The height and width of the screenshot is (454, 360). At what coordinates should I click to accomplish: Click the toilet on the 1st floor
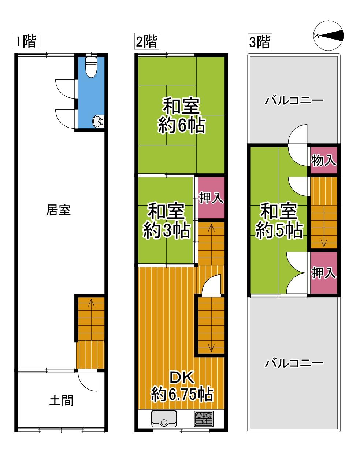pos(91,67)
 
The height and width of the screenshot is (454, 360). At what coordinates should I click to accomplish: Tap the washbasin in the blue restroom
pos(98,122)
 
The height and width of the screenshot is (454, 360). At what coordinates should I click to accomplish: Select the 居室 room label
pos(58,210)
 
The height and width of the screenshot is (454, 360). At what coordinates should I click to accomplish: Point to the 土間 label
pos(61,401)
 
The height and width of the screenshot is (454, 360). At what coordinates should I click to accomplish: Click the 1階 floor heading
pos(26,41)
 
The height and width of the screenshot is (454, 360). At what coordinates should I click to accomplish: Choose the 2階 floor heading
pos(147,41)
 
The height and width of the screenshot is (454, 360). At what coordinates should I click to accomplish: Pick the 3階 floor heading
pos(260,42)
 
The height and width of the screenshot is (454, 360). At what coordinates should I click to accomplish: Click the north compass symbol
pos(329,36)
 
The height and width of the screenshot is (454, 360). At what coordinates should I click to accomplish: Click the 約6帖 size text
pos(182,126)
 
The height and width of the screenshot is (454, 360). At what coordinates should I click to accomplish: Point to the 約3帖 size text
pos(167,230)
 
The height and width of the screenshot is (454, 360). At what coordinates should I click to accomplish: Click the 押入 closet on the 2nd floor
pos(211,198)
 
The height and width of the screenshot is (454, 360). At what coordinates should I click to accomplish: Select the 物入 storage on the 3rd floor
pos(324,160)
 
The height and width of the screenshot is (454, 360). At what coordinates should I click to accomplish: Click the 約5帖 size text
pos(279,230)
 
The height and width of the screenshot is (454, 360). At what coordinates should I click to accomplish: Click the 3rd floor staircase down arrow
pos(324,243)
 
